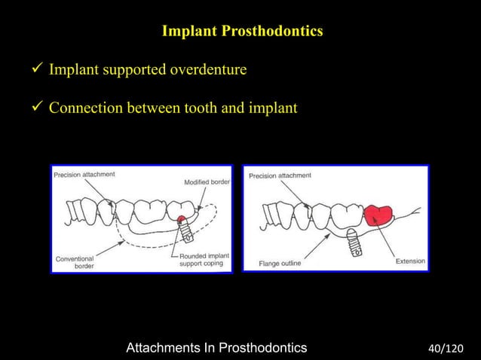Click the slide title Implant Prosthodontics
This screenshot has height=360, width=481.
pos(242,32)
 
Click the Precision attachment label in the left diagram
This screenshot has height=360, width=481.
pos(84,175)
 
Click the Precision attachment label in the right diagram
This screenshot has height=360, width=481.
pos(280,175)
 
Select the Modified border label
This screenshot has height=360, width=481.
pos(207,183)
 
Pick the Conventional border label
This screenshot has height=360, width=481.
pos(75,262)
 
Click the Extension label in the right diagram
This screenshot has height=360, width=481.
pos(410,261)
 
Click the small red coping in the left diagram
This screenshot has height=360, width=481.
pos(182,220)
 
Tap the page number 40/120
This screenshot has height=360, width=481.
pos(445,348)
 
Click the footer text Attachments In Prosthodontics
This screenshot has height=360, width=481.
pos(216,347)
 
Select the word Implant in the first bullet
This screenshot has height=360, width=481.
pos(73,71)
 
